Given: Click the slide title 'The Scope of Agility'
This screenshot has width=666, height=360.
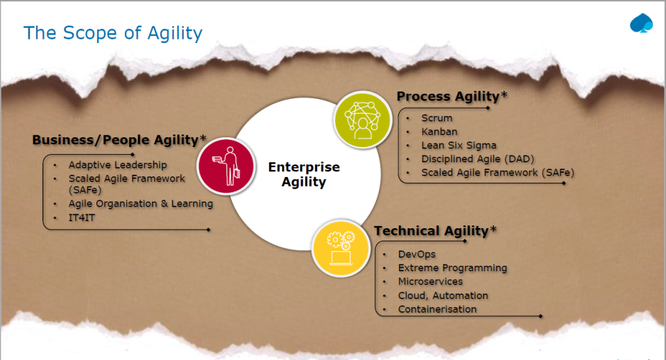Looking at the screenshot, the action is pos(113,33).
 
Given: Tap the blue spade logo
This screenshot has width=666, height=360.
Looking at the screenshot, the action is pos(641,24).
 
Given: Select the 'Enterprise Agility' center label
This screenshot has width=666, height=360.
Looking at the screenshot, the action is pos(304,175).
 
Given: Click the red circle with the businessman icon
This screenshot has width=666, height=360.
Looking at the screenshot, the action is pos(226,166).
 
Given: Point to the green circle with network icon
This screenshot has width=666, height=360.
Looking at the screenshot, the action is pos(362,120).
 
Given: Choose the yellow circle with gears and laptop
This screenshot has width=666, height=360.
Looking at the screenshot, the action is pos(340,248).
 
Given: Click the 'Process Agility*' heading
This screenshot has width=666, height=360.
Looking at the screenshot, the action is pos(452,97).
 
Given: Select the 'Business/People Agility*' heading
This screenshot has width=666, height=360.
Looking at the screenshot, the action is pos(119,140).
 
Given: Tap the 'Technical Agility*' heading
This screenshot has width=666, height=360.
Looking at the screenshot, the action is pos(436,231).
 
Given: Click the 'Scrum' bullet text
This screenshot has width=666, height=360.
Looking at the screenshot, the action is pos(436,118).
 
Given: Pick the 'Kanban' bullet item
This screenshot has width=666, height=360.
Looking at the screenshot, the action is pos(439,132).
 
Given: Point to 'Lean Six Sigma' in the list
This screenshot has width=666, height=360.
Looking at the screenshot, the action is pos(459,145).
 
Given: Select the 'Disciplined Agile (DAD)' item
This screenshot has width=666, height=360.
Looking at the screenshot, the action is pos(477,159).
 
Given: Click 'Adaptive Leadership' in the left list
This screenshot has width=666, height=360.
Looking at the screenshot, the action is pos(118,164).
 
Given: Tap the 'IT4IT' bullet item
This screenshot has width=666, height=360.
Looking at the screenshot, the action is pos(82,218).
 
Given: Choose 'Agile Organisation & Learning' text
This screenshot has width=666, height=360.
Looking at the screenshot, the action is pos(141,204).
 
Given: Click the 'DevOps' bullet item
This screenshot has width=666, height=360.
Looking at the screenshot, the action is pos(417,255).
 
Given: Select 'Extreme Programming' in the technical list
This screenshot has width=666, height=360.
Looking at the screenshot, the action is pos(452,268).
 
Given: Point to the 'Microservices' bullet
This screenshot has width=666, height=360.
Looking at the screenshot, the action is pos(430,282).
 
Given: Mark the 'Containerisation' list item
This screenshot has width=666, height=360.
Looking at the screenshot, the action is pos(437,309).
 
